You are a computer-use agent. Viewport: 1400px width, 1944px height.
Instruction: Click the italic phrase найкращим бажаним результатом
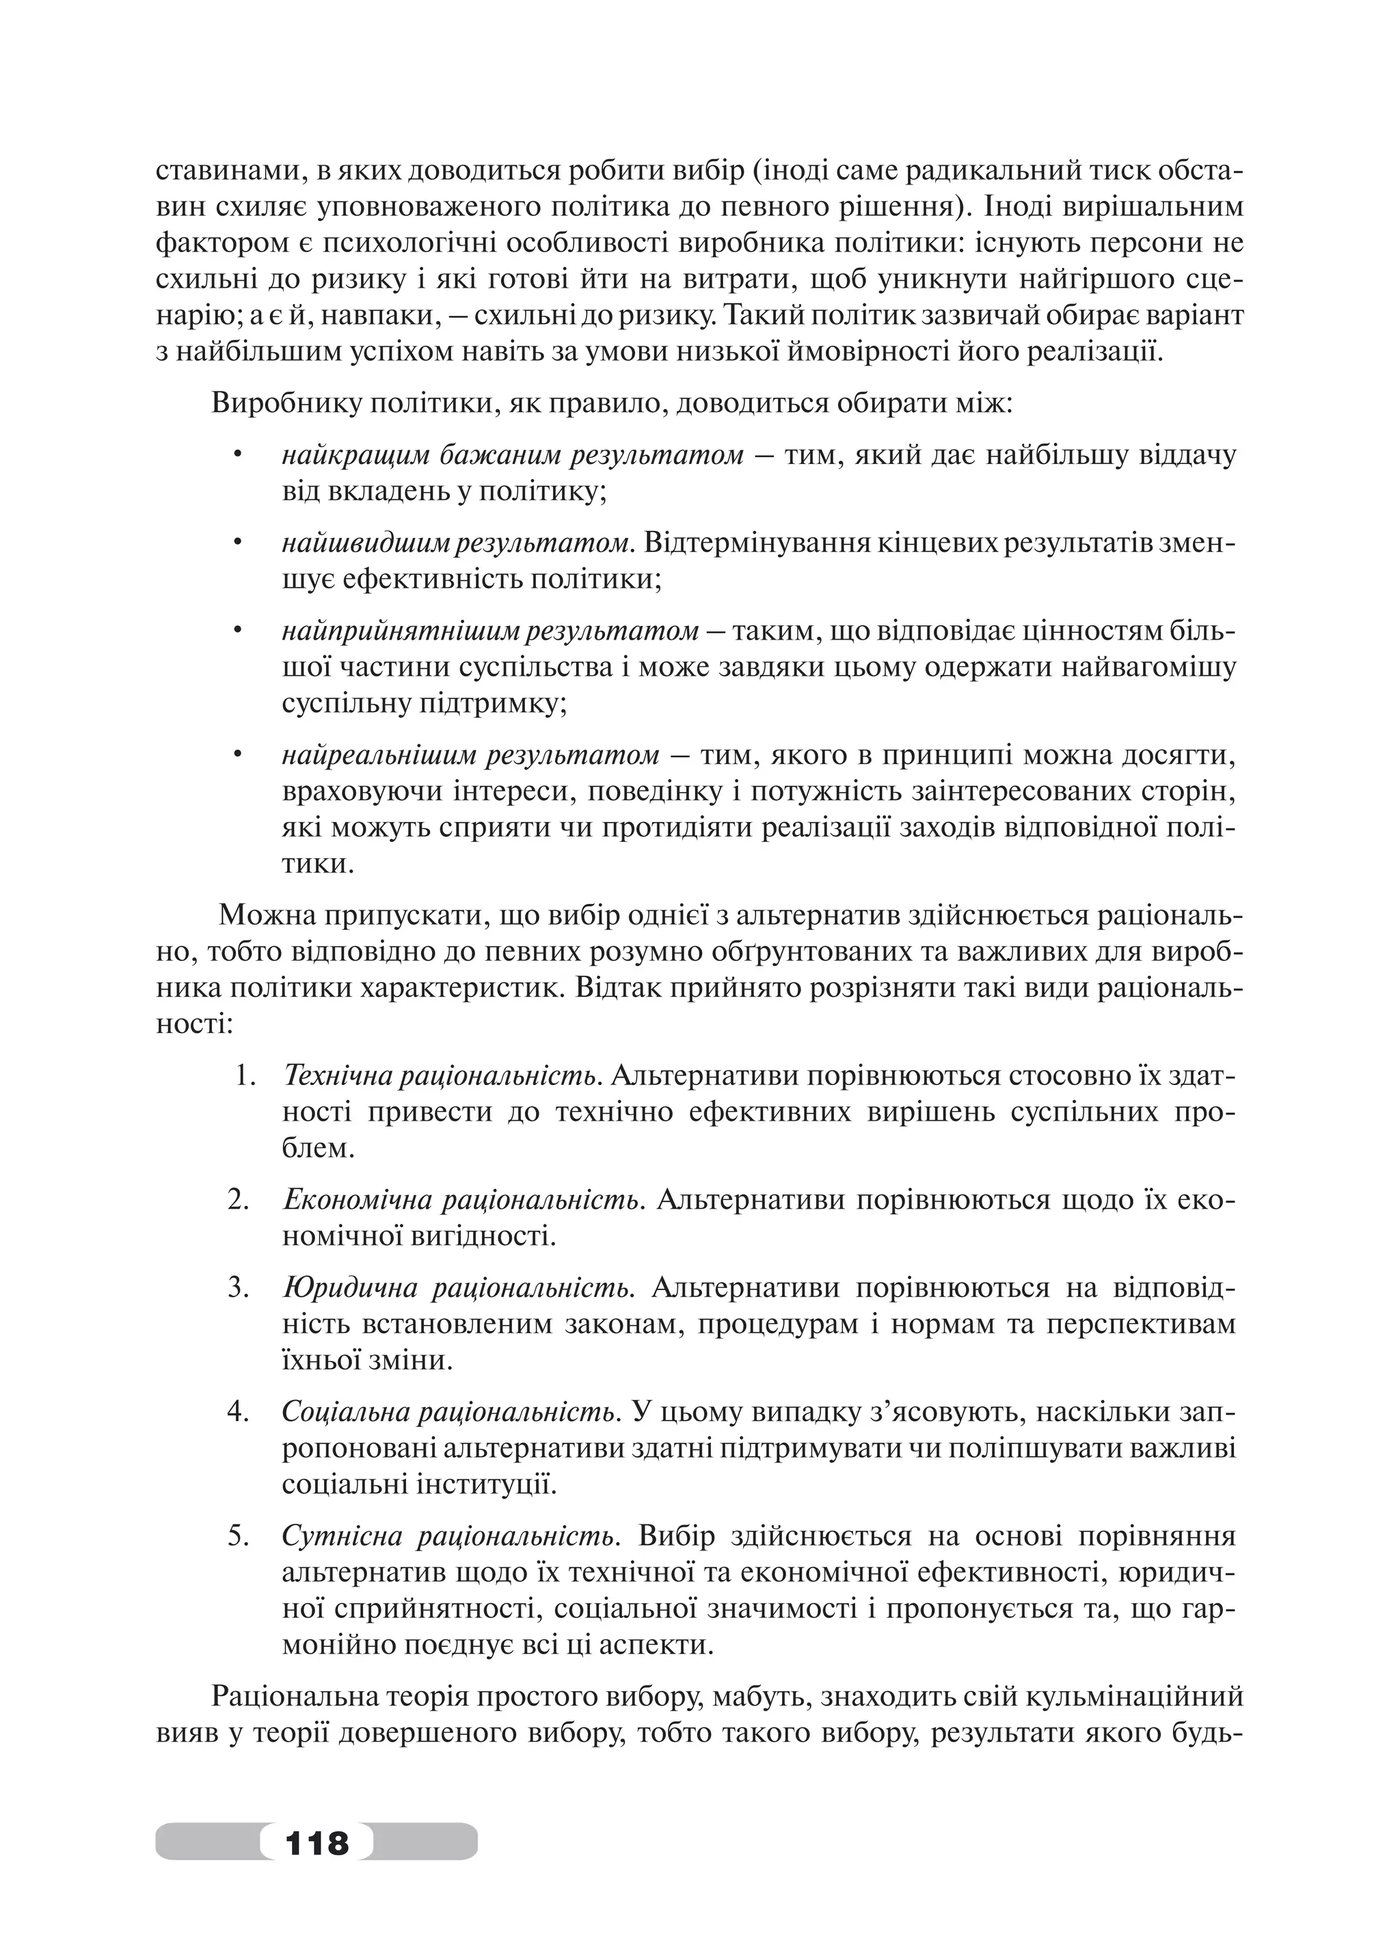click(x=512, y=455)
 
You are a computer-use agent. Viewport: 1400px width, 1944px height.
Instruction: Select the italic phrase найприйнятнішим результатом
click(x=489, y=631)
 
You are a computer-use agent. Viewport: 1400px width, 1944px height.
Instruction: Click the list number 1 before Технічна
click(x=243, y=1075)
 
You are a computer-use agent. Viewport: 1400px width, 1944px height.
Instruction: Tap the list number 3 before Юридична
click(x=237, y=1287)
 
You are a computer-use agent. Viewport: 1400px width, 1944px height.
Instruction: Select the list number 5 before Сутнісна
click(x=237, y=1536)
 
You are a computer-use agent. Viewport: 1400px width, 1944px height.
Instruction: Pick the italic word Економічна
click(x=355, y=1199)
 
